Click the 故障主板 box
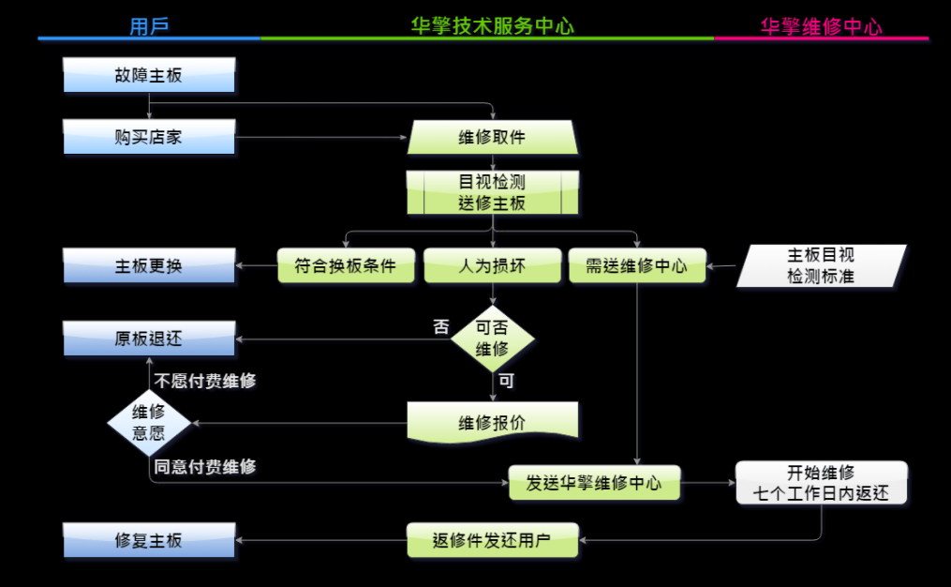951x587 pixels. coord(149,75)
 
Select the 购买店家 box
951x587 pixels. coord(149,137)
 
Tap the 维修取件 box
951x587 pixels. coord(492,137)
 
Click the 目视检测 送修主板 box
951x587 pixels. coord(492,192)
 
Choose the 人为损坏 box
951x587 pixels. coord(492,266)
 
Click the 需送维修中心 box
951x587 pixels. coord(636,266)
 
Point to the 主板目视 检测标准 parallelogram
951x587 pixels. coord(821,265)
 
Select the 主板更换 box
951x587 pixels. coord(149,266)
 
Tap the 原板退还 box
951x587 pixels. coord(149,339)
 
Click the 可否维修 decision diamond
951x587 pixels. coord(492,339)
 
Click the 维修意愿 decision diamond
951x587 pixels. coord(149,422)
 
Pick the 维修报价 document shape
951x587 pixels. coord(492,422)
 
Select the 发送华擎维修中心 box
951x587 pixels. coord(594,483)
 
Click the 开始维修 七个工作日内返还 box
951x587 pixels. coord(821,483)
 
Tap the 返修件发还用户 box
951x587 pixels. coord(492,541)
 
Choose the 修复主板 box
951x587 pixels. coord(149,541)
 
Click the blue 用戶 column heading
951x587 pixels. coord(149,26)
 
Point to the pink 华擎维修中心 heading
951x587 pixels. coord(821,26)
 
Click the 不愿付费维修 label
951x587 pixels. coord(205,382)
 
